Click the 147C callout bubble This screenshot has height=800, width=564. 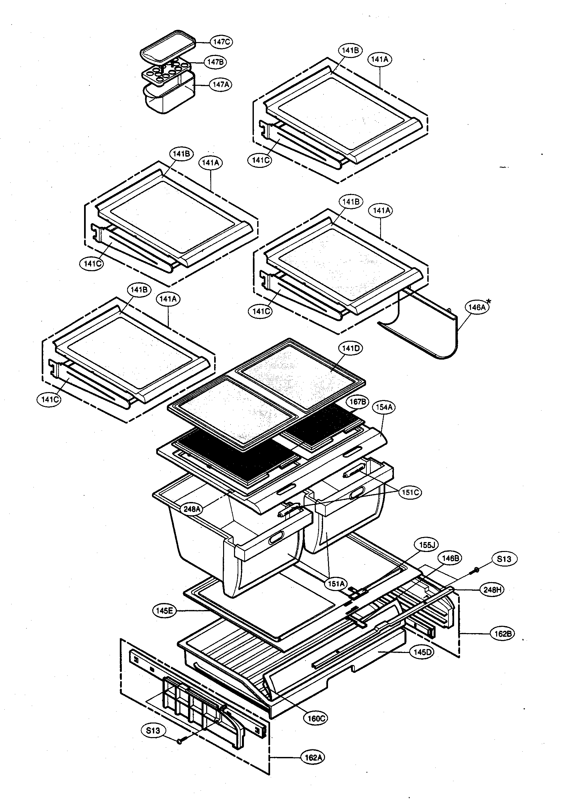(221, 42)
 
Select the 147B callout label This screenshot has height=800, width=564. (215, 62)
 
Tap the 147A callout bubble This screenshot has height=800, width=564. (220, 84)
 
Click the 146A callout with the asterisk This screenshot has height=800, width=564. (477, 307)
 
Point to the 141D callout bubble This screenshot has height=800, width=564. (351, 348)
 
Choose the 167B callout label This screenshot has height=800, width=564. (357, 402)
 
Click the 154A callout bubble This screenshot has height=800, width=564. (384, 407)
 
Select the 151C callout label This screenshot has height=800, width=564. (410, 492)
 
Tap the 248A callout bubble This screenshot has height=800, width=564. (192, 509)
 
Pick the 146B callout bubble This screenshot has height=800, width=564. (450, 558)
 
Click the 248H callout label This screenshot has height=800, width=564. (492, 589)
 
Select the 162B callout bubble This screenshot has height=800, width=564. (503, 633)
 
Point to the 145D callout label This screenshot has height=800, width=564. (422, 652)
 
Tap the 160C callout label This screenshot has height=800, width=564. (316, 718)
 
